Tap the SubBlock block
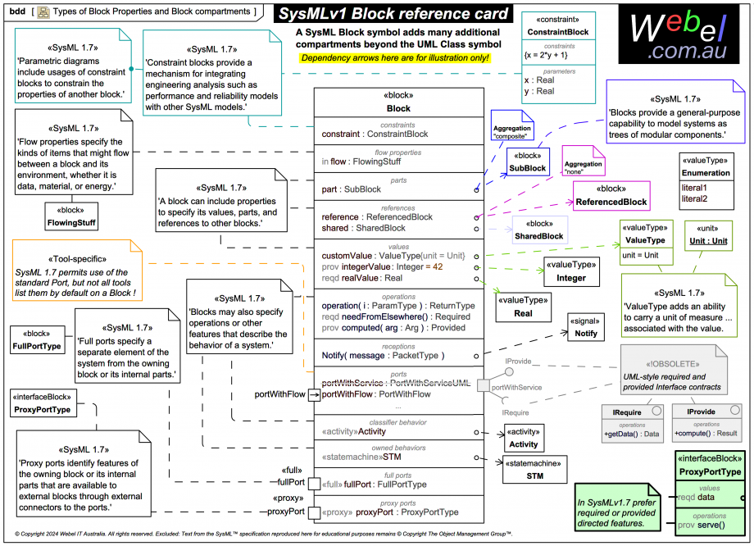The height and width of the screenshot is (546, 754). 527,162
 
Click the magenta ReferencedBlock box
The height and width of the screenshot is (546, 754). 611,196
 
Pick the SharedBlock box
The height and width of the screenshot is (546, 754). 539,230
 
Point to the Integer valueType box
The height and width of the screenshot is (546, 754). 571,271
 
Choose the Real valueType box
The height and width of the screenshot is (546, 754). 523,307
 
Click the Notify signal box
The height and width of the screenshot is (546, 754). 585,328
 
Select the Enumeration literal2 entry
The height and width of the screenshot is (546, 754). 694,198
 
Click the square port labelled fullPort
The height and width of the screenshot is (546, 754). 314,485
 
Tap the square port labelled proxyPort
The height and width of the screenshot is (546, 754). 314,512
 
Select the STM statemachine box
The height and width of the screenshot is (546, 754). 534,470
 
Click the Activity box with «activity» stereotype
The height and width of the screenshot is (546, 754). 524,439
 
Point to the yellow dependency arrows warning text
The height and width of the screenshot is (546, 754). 395,58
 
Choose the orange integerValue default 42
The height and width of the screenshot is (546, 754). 438,266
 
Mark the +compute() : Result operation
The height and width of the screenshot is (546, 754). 706,433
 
